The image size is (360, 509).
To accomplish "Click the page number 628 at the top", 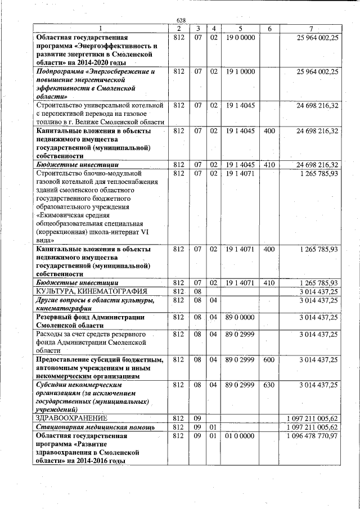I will point(181,21).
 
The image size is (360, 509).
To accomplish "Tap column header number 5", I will point(240,29).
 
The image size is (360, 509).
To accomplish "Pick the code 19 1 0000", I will point(240,72).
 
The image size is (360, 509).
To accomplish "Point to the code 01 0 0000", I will point(240,436).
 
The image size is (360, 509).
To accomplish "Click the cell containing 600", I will point(269,359).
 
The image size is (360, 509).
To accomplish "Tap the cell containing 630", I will point(269,385).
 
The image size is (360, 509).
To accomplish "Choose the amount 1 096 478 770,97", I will point(312,436).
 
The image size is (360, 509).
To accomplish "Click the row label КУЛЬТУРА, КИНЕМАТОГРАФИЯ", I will point(92,291).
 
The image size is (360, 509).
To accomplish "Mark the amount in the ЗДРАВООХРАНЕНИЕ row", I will point(312,418).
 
